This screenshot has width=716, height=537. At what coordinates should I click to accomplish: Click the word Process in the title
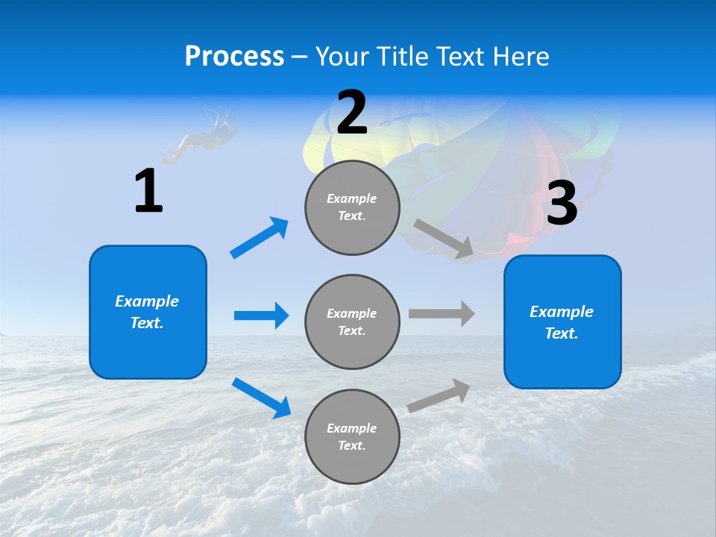pyautogui.click(x=234, y=57)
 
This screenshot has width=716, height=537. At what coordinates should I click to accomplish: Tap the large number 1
pyautogui.click(x=148, y=191)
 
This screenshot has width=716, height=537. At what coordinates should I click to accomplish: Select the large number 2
pyautogui.click(x=352, y=113)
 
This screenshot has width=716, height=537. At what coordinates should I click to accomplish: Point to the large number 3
pyautogui.click(x=562, y=203)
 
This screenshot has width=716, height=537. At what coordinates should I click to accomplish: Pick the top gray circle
pyautogui.click(x=352, y=207)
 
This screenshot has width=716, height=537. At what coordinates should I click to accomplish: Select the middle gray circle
pyautogui.click(x=352, y=321)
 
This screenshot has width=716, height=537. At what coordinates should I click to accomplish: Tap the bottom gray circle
pyautogui.click(x=352, y=436)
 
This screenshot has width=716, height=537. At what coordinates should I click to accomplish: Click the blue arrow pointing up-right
pyautogui.click(x=260, y=238)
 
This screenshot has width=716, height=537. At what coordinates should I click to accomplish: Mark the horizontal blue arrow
pyautogui.click(x=261, y=315)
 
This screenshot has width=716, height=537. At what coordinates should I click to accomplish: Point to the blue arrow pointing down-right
pyautogui.click(x=261, y=398)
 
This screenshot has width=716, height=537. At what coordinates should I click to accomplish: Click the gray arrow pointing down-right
pyautogui.click(x=443, y=239)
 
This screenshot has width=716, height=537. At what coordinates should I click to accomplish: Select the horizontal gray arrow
pyautogui.click(x=442, y=314)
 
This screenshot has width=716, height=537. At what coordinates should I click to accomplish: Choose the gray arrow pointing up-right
pyautogui.click(x=439, y=395)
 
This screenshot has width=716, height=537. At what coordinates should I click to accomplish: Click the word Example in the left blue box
pyautogui.click(x=147, y=301)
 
